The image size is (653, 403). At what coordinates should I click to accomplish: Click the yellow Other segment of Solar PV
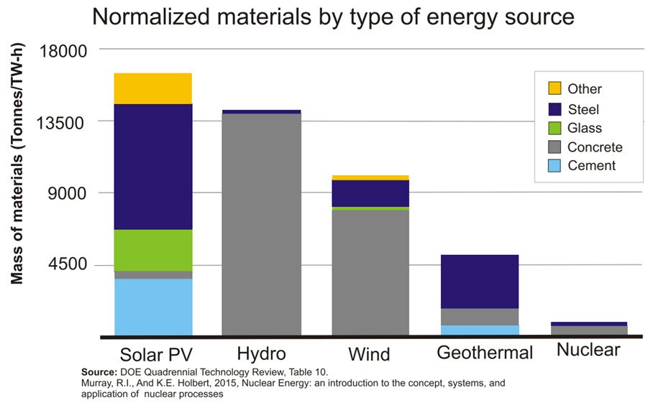[153, 88]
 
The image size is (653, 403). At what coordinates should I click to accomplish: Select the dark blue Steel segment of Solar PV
[153, 167]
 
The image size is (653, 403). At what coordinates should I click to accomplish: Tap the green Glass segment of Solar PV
[153, 250]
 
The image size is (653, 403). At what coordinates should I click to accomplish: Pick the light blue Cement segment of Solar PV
[153, 307]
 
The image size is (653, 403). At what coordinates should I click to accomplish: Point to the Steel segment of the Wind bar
[370, 193]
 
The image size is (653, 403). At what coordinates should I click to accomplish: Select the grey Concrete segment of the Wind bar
[370, 272]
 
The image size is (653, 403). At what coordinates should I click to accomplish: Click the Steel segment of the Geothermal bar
[480, 282]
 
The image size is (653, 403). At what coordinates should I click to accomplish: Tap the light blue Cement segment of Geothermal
[480, 330]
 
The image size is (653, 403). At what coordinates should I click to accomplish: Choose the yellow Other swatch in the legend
[554, 89]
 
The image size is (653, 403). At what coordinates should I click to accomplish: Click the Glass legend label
[584, 128]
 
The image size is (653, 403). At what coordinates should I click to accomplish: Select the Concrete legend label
[594, 147]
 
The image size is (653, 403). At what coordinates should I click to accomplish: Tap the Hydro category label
[261, 353]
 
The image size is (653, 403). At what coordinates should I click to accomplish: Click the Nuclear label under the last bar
[588, 350]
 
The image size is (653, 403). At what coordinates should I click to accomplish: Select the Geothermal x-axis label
[485, 353]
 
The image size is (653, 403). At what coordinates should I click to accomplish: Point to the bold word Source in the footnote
[99, 372]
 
